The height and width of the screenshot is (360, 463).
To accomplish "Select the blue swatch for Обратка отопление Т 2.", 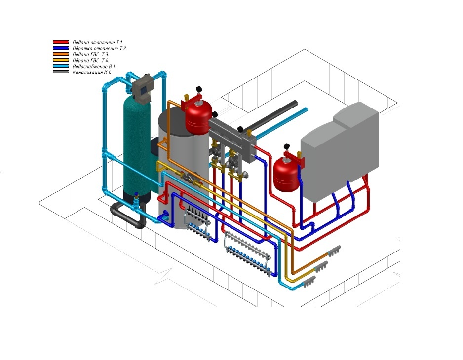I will click(x=61, y=49).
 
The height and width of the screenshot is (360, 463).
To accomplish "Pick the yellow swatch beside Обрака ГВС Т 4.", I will click(x=61, y=61).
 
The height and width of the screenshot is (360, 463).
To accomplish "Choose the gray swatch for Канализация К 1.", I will click(x=61, y=72).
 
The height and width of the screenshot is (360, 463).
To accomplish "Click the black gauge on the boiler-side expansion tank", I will click(x=285, y=146).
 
